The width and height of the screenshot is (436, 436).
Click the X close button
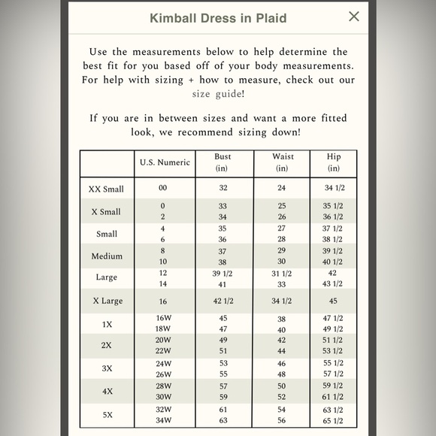click(x=354, y=17)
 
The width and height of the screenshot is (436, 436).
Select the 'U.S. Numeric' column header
click(x=165, y=162)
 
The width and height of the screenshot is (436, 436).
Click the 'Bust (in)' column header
click(x=223, y=162)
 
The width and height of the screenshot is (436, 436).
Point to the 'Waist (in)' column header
click(x=281, y=162)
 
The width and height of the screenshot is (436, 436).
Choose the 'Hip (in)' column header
click(x=333, y=162)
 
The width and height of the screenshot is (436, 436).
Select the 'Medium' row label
click(x=107, y=256)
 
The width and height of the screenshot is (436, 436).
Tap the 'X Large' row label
click(x=107, y=301)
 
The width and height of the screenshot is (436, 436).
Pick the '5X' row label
click(x=107, y=414)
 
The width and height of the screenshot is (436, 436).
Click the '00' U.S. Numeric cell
click(x=163, y=189)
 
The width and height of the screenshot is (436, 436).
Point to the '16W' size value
click(x=163, y=318)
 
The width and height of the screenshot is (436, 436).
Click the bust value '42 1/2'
click(x=223, y=301)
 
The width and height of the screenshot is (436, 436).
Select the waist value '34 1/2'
click(x=281, y=301)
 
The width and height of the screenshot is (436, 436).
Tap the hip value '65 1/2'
click(x=333, y=419)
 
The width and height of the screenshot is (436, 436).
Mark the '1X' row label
click(x=107, y=324)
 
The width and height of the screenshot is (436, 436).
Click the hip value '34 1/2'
click(x=333, y=189)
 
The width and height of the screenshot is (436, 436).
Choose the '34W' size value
click(x=163, y=419)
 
